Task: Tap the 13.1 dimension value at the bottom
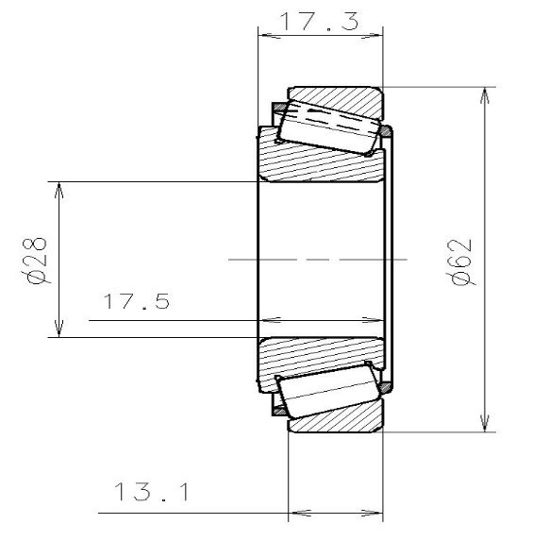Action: [x=152, y=493]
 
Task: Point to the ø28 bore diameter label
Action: [x=37, y=260]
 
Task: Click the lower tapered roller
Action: [x=327, y=392]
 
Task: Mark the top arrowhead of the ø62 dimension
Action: [x=485, y=95]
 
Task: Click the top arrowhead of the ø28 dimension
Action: [x=59, y=189]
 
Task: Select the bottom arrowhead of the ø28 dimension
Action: [x=59, y=330]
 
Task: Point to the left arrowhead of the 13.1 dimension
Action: [x=293, y=515]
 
